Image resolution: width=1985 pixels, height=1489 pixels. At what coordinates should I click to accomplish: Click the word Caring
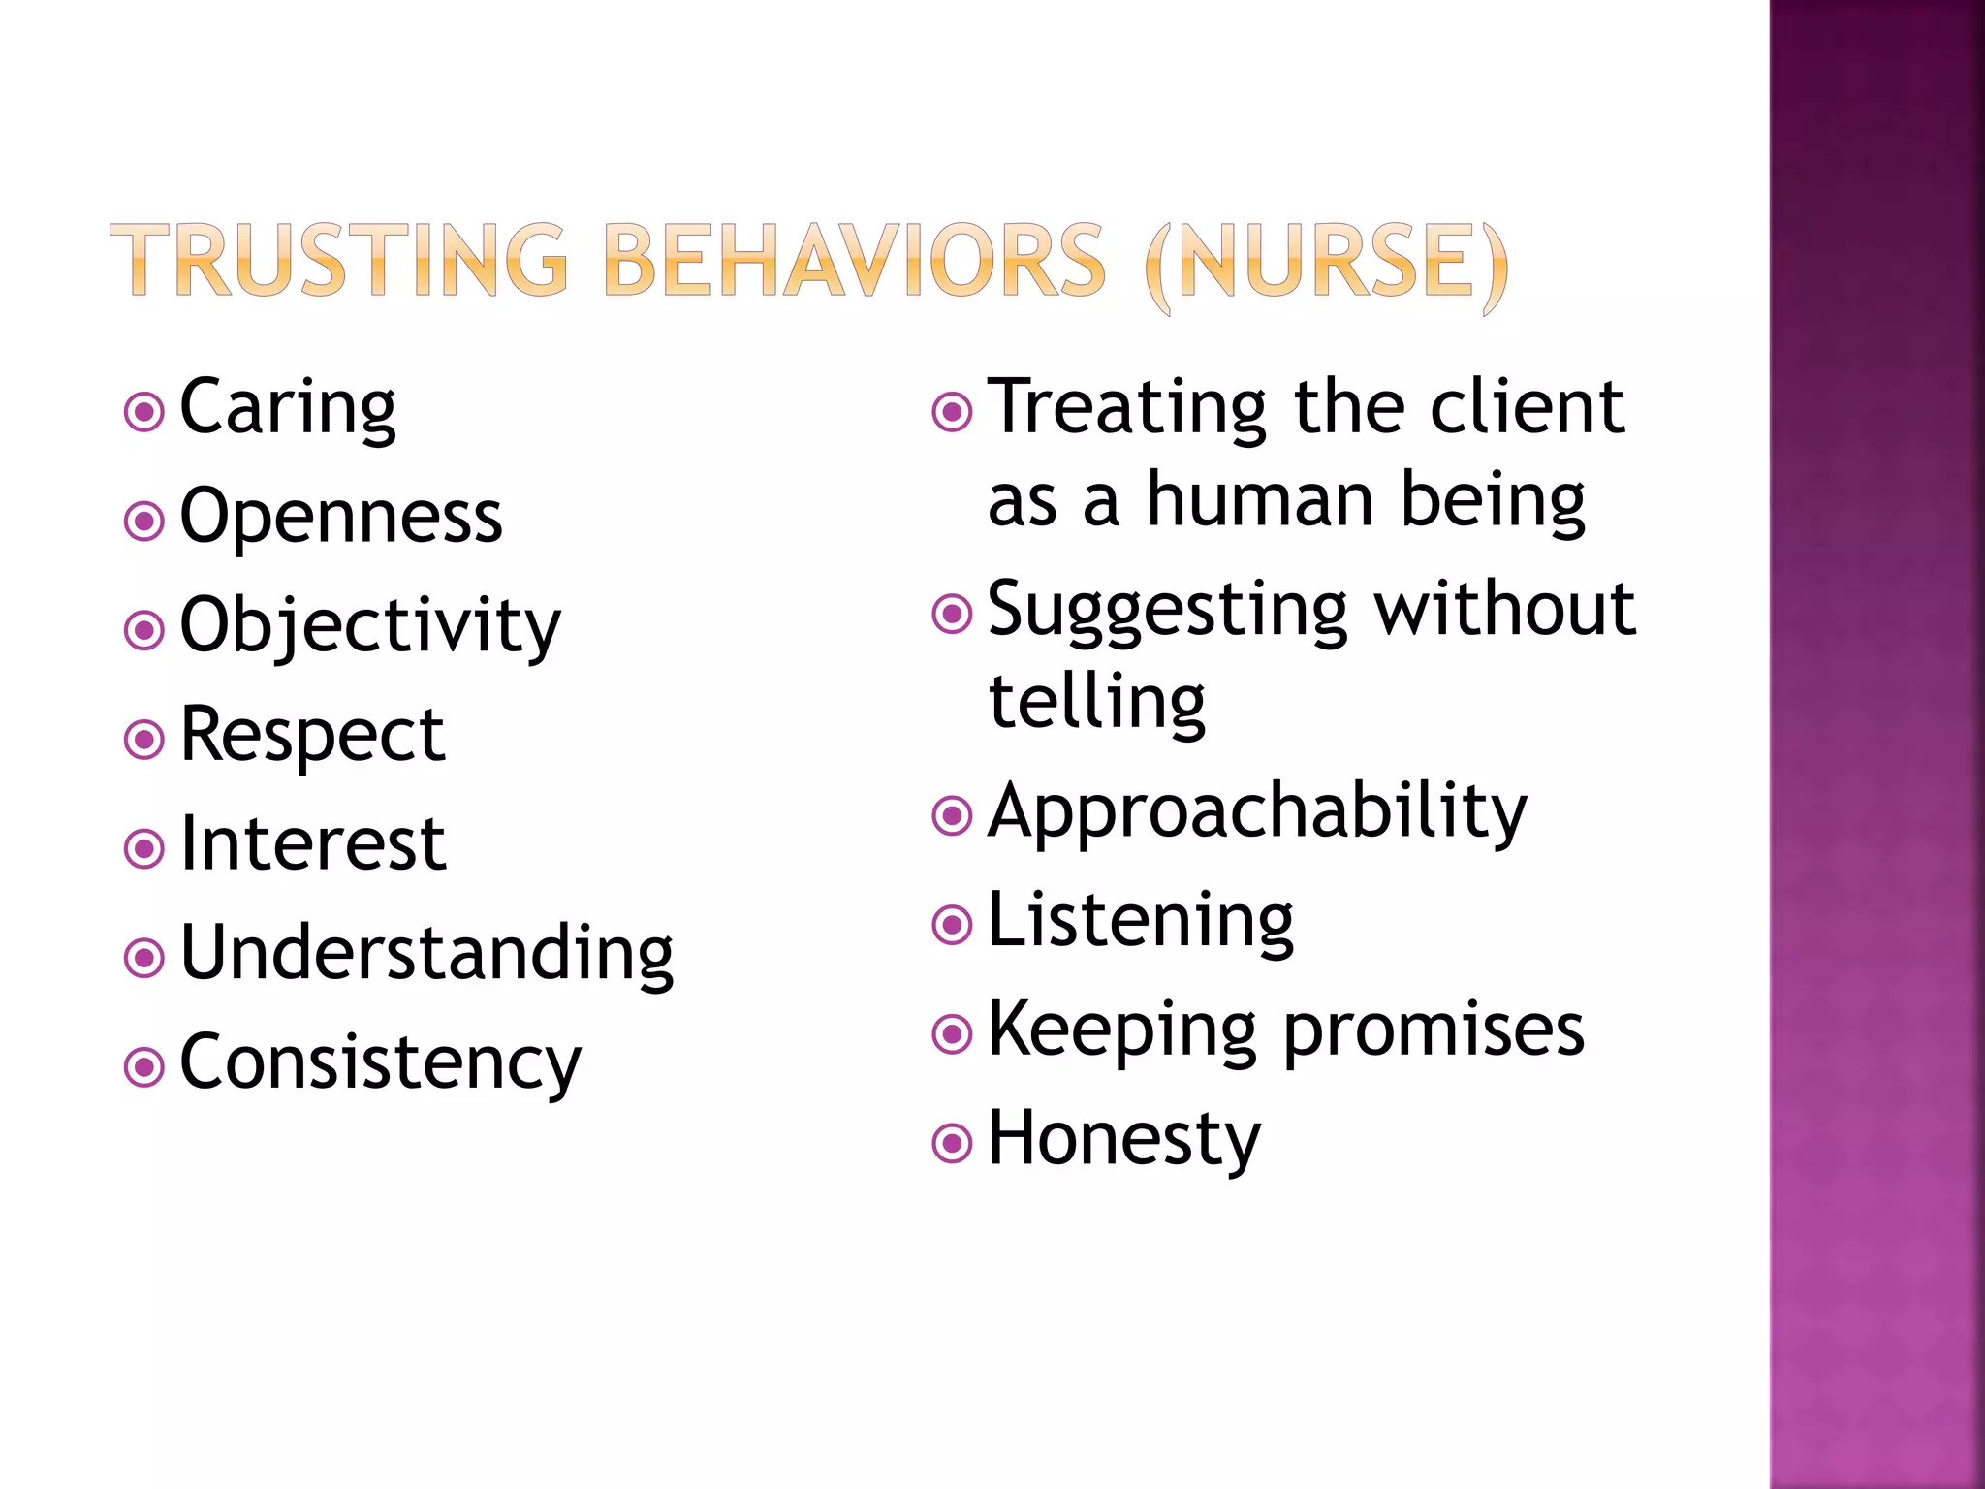(x=288, y=408)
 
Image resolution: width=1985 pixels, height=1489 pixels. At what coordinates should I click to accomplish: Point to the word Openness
(x=341, y=517)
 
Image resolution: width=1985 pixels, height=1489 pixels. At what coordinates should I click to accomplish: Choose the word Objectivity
(x=370, y=626)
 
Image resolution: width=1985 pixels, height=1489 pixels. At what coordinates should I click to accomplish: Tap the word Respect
(x=312, y=735)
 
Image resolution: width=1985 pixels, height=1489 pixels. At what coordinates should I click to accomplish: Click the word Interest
(x=313, y=844)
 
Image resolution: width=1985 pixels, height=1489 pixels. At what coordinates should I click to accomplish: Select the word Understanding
(x=426, y=954)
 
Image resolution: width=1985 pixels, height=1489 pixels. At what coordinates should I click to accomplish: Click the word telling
(x=1096, y=702)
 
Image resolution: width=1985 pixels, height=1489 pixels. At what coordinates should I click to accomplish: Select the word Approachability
(x=1257, y=812)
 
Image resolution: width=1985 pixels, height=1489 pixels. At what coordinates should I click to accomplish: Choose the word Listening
(x=1141, y=921)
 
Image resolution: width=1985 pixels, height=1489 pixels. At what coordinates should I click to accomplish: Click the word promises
(x=1434, y=1030)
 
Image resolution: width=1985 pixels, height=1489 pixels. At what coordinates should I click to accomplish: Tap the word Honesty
(x=1124, y=1140)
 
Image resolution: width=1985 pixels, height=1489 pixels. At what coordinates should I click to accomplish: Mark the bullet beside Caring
(x=144, y=412)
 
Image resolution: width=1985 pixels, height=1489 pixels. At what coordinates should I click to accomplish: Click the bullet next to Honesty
(x=952, y=1144)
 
